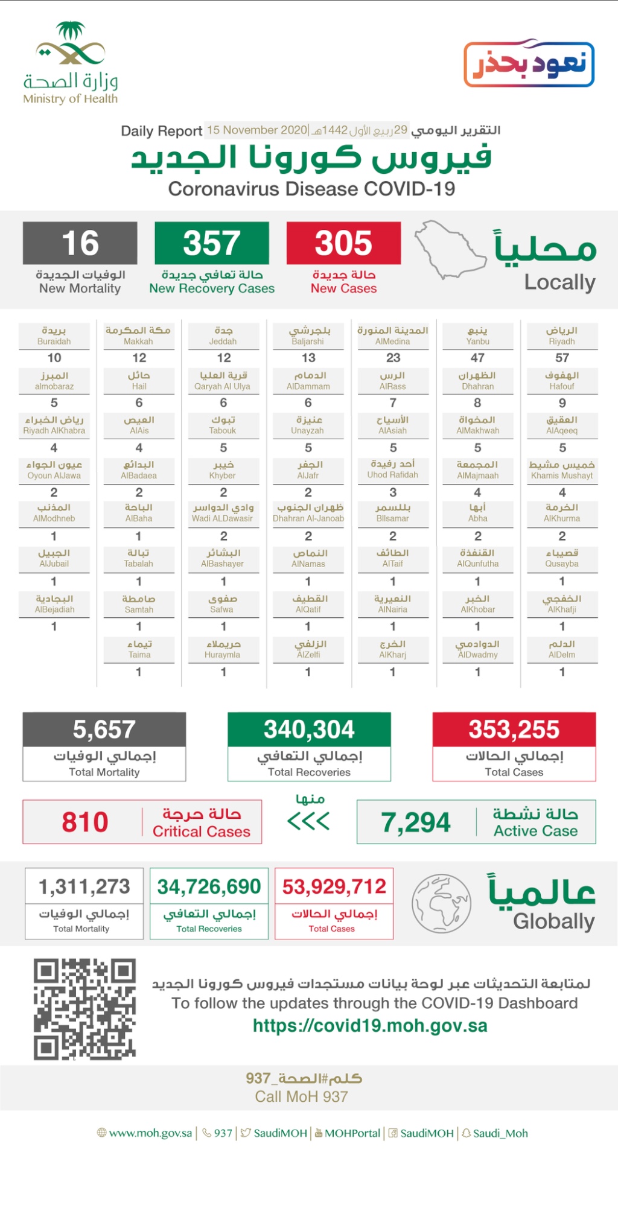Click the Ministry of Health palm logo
click(71, 45)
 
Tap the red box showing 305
click(343, 243)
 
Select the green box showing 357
click(212, 243)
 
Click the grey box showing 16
click(80, 243)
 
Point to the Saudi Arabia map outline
click(450, 250)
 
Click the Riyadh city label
click(562, 336)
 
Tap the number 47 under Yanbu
click(477, 358)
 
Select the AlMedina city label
click(393, 336)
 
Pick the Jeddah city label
click(223, 336)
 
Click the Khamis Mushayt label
click(562, 470)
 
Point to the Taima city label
click(139, 649)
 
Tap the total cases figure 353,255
click(514, 730)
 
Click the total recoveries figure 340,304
click(309, 730)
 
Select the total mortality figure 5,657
click(104, 730)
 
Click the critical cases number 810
click(85, 822)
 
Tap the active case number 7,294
click(416, 822)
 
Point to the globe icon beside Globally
click(441, 903)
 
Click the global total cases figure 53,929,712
click(334, 886)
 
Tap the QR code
click(84, 1009)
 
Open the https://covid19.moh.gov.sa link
click(370, 1026)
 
